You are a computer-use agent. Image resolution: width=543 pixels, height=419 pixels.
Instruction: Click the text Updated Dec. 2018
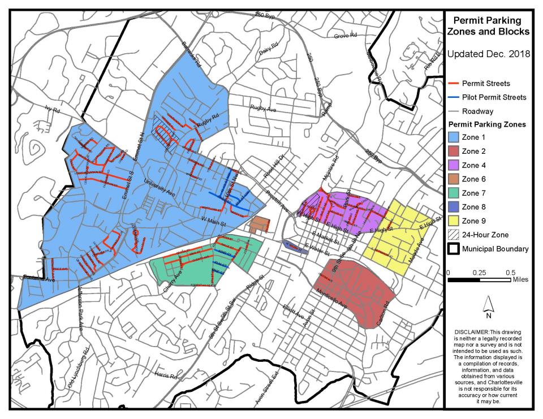coord(489,55)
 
